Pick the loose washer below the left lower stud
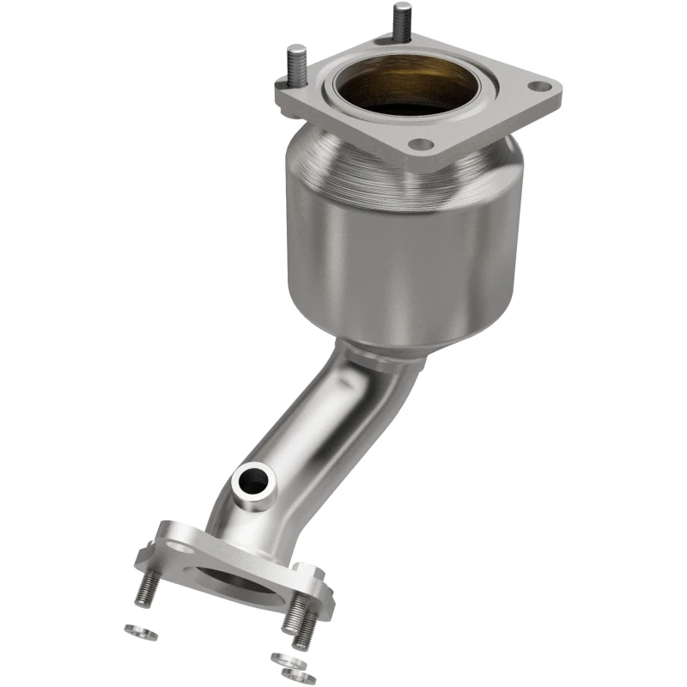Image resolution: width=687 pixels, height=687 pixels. (x=134, y=629)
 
